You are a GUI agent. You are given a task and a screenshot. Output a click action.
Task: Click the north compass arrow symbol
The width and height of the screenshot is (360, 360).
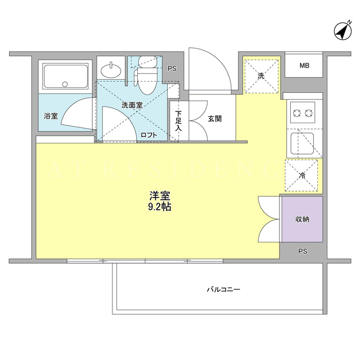tap(343, 31)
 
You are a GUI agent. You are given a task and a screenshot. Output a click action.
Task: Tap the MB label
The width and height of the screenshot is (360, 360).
tap(304, 66)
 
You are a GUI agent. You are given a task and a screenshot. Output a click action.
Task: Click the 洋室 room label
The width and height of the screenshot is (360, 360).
tap(160, 196)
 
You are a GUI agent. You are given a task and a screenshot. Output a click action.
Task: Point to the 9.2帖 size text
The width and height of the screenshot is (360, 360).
tap(160, 207)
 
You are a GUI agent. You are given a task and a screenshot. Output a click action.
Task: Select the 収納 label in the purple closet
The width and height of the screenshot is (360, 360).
tap(302, 219)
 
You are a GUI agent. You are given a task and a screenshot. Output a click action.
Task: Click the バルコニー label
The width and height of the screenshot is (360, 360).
tap(223, 289)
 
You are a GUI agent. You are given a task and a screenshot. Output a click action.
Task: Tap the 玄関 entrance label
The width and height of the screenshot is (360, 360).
tap(215, 119)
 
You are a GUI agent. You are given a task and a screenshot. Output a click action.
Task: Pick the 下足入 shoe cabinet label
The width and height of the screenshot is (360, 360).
tap(178, 121)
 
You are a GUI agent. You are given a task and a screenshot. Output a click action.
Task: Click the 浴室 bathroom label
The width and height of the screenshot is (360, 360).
tap(51, 116)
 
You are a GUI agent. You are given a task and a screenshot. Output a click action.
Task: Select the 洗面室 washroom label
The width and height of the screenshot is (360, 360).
tap(132, 105)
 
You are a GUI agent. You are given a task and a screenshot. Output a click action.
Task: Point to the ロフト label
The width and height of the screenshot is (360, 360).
tap(148, 135)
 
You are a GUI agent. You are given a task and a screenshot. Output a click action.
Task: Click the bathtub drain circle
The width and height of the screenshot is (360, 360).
tap(65, 84)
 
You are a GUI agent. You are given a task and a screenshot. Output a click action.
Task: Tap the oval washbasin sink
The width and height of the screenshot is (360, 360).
tap(111, 70)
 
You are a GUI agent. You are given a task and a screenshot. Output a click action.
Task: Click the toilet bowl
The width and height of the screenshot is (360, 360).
tap(147, 82)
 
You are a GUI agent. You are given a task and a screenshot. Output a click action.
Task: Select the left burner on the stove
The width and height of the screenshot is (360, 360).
tap(297, 113)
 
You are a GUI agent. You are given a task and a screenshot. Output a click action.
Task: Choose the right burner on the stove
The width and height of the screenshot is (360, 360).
tap(309, 113)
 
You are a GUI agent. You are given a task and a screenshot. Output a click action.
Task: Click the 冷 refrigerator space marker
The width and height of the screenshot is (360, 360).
tap(302, 176)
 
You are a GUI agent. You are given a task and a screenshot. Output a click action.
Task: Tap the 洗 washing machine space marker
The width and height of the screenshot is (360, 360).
tap(261, 76)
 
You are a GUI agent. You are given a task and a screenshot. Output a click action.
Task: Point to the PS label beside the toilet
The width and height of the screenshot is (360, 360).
tap(172, 69)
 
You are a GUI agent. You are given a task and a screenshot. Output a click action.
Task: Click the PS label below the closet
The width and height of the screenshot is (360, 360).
tap(303, 251)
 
